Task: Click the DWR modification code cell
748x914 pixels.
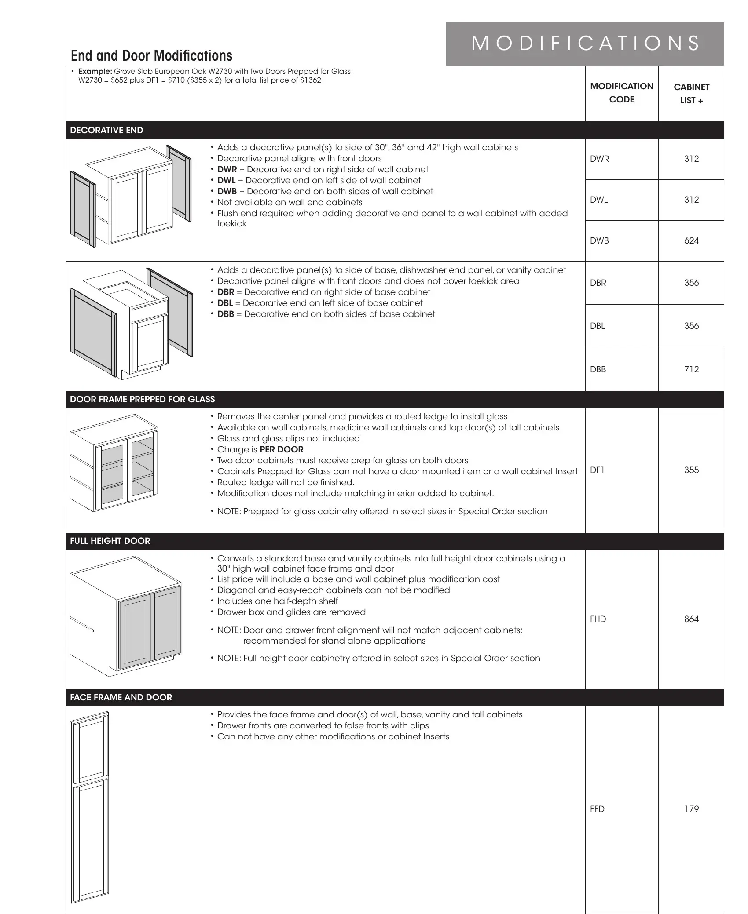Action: click(599, 159)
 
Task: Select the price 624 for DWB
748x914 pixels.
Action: click(691, 241)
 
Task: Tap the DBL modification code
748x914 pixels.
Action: click(598, 326)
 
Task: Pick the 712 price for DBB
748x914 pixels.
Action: click(691, 370)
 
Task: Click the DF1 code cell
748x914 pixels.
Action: click(597, 470)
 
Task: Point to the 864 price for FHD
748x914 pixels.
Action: click(691, 619)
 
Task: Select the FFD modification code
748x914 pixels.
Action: click(597, 809)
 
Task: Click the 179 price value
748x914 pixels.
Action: click(691, 809)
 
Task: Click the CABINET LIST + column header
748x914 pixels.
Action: click(691, 94)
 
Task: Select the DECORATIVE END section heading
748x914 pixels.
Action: click(106, 131)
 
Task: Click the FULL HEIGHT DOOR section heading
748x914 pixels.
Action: click(110, 541)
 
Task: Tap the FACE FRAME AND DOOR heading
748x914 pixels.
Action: click(121, 698)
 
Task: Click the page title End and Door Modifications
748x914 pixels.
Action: click(151, 56)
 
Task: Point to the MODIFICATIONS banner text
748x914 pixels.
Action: click(585, 44)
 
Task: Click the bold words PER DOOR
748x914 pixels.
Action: click(282, 450)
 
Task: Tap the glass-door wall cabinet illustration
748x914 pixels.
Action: click(114, 463)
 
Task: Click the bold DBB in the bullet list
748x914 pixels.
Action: click(226, 314)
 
